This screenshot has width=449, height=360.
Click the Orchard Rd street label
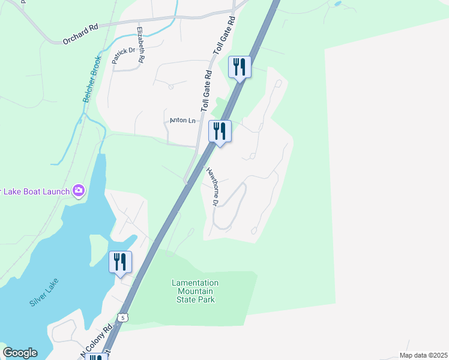(x=80, y=35)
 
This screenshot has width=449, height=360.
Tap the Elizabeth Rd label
(x=141, y=45)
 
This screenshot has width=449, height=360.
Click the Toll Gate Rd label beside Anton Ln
(x=207, y=91)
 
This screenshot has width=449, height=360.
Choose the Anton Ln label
(x=183, y=121)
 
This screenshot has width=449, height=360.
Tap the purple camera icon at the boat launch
(x=79, y=191)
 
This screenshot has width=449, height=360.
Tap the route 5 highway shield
(x=122, y=317)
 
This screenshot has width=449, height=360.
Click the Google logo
(x=20, y=353)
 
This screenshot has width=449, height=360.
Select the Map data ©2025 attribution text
(x=423, y=355)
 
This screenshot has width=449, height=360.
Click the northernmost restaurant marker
(x=240, y=66)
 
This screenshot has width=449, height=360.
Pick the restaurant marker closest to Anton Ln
(x=220, y=131)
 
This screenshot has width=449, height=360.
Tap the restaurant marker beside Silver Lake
(x=120, y=262)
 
